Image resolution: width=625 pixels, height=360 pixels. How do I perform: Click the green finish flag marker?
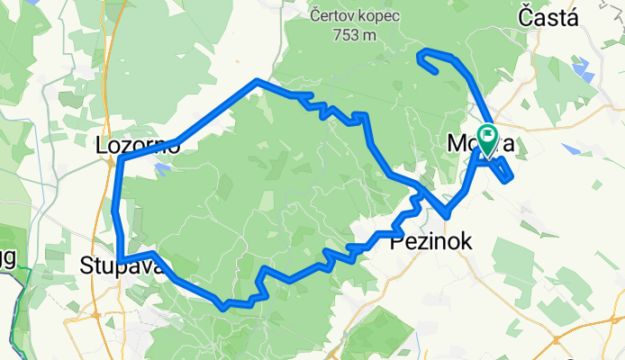(x=487, y=139)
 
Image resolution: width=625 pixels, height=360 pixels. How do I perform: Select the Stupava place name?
(x=114, y=265)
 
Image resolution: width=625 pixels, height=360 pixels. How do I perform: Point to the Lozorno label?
(x=139, y=144)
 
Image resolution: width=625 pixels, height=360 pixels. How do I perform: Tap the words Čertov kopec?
(x=348, y=15)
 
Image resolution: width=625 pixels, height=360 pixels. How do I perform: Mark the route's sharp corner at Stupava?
(x=120, y=261)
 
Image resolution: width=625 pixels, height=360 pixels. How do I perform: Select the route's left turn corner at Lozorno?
(x=121, y=160)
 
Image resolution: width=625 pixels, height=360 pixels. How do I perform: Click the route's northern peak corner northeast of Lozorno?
(x=258, y=81)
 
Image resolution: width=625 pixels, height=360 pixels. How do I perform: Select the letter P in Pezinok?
(x=395, y=241)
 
